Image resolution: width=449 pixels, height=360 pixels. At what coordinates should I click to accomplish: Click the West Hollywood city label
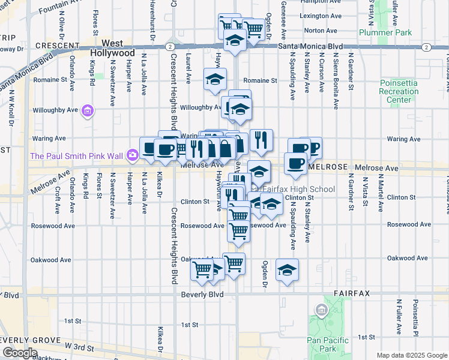pos(112,48)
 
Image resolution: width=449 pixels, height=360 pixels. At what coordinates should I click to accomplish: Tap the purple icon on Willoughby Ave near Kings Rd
pos(88,110)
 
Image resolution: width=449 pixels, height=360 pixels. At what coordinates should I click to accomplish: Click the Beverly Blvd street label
pos(202,295)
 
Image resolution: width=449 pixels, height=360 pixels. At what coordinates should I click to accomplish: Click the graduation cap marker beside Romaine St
pos(215,79)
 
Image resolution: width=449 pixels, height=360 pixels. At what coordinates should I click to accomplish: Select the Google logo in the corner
pos(19,353)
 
